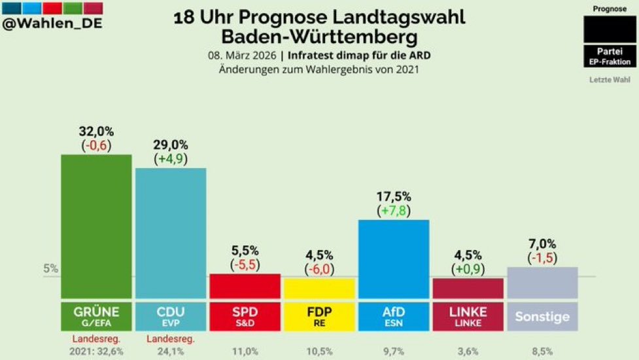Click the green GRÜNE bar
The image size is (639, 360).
(x=96, y=226)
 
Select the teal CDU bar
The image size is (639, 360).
(x=171, y=232)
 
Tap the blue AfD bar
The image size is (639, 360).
(x=394, y=259)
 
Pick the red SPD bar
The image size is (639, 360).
(x=245, y=286)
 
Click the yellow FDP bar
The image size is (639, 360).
(x=319, y=288)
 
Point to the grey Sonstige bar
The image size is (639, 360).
(x=542, y=282)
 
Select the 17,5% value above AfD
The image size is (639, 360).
(x=394, y=196)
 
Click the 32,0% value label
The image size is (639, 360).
(x=96, y=131)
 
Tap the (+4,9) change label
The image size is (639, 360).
(x=171, y=158)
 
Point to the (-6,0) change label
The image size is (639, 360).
(x=319, y=268)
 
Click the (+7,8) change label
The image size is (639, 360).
(x=394, y=210)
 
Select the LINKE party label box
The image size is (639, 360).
(x=468, y=316)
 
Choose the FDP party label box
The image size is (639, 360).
(x=319, y=316)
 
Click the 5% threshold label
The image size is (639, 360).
(x=51, y=268)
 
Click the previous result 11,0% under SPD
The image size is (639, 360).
(x=245, y=350)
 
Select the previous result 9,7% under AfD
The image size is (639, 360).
(x=394, y=350)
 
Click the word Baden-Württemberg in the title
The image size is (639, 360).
(x=319, y=35)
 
